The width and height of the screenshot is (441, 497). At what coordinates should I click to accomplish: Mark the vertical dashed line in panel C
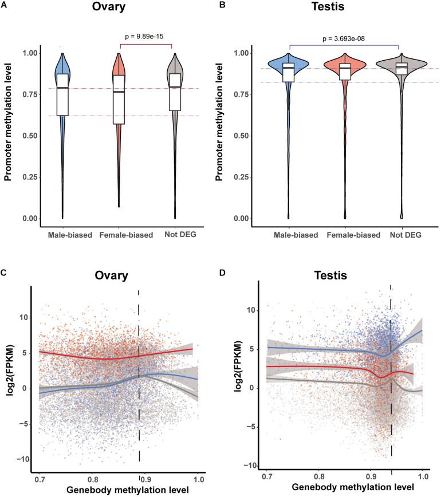coord(139,372)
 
